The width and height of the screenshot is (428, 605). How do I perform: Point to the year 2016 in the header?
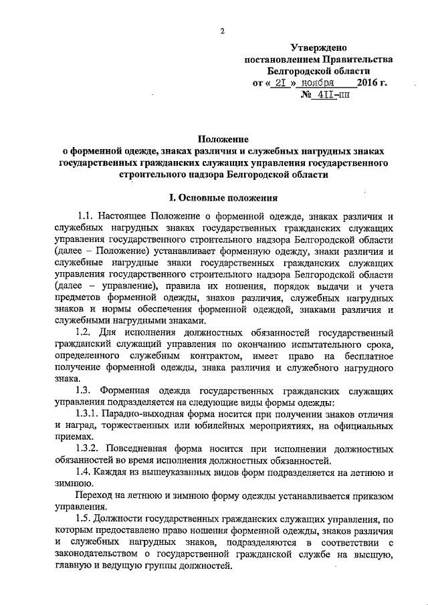[x=368, y=84]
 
